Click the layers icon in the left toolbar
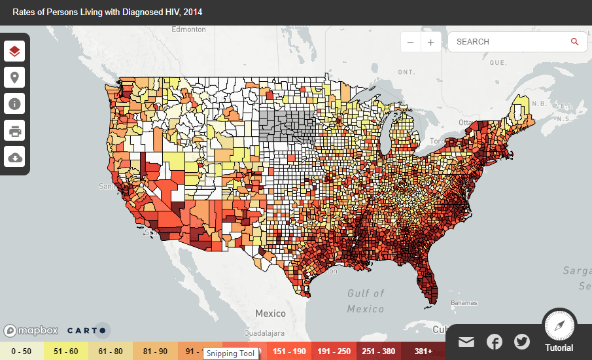[x=14, y=51]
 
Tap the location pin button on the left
[x=14, y=78]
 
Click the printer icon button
[x=14, y=131]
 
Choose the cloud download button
[x=14, y=157]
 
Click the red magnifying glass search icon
[x=574, y=42]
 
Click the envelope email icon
[x=466, y=342]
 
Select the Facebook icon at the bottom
[x=495, y=342]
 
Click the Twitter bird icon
[x=522, y=342]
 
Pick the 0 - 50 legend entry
[x=22, y=351]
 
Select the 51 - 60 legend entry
[x=66, y=351]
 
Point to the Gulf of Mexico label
[x=366, y=300]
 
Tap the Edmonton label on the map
[x=188, y=29]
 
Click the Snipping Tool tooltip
[x=230, y=353]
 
